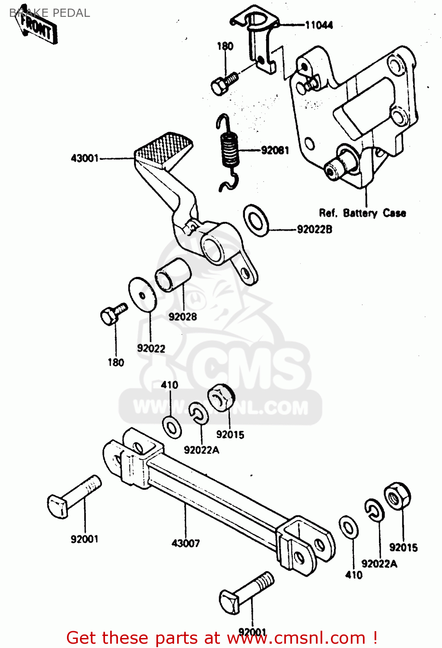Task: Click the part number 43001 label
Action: pyautogui.click(x=85, y=159)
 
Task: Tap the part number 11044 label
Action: pyautogui.click(x=319, y=25)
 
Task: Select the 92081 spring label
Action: pyautogui.click(x=275, y=150)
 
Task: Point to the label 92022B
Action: pyautogui.click(x=315, y=229)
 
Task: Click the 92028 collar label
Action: pyautogui.click(x=182, y=317)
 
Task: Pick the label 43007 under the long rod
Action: pyautogui.click(x=186, y=543)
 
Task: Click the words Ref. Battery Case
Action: pyautogui.click(x=362, y=213)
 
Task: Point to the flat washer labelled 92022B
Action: pyautogui.click(x=256, y=220)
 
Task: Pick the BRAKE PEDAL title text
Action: pyautogui.click(x=50, y=13)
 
